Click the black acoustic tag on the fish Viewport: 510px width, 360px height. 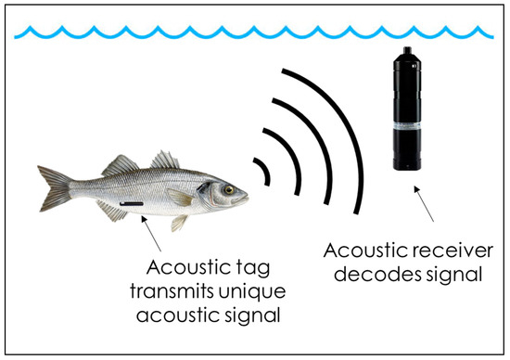tap(131, 202)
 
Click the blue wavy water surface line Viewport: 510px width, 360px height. tap(255, 34)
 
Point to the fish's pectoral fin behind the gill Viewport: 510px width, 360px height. tap(182, 198)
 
